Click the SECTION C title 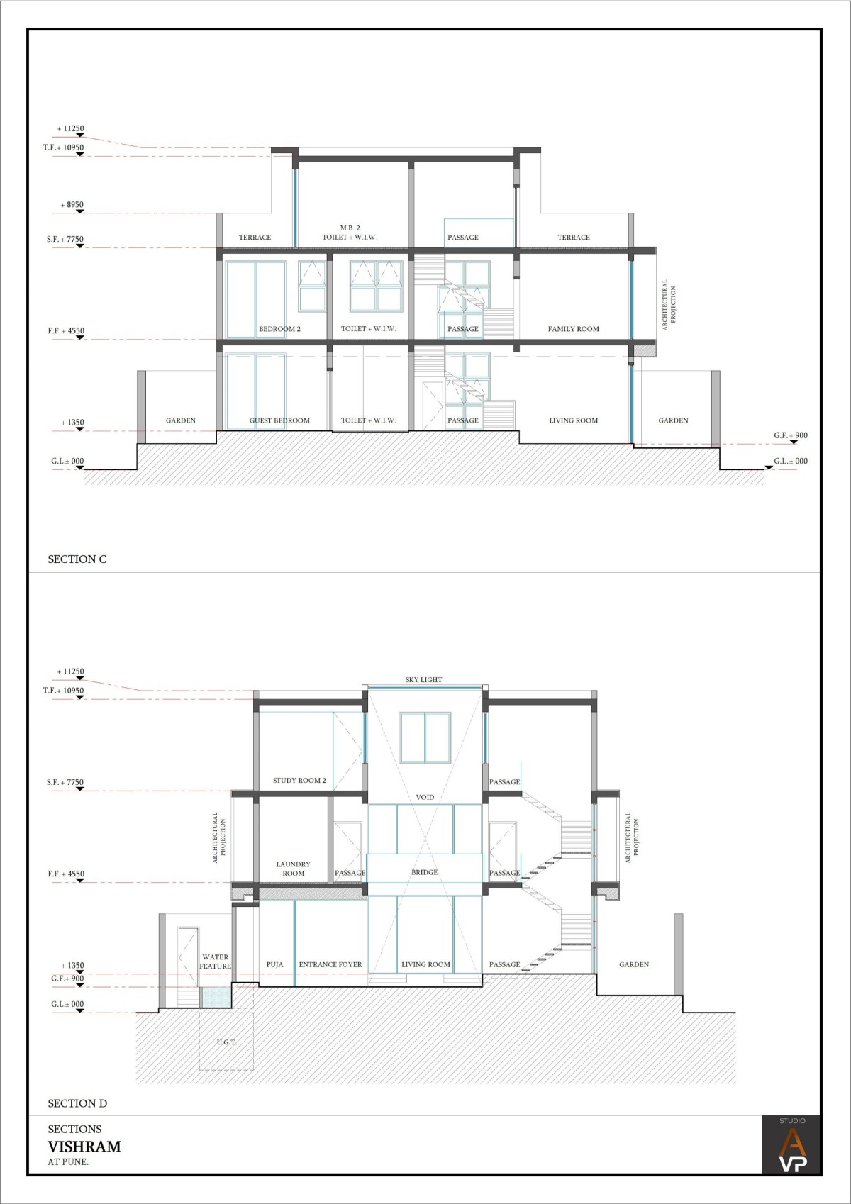point(77,559)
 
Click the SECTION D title point(77,1103)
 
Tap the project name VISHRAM point(84,1147)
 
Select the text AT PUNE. point(68,1161)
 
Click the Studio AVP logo point(792,1145)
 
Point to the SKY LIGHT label point(423,679)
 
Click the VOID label point(425,797)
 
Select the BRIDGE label point(424,872)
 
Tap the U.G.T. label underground point(226,1042)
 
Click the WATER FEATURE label point(215,961)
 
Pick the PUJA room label point(274,964)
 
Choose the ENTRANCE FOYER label point(330,964)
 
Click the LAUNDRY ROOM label point(293,869)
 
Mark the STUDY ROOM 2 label point(299,780)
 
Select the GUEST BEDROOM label point(279,420)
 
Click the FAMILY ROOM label point(573,329)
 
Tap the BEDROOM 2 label point(279,329)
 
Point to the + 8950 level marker point(72,205)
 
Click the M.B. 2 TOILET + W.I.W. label point(350,232)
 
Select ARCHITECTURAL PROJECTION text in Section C point(669,305)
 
